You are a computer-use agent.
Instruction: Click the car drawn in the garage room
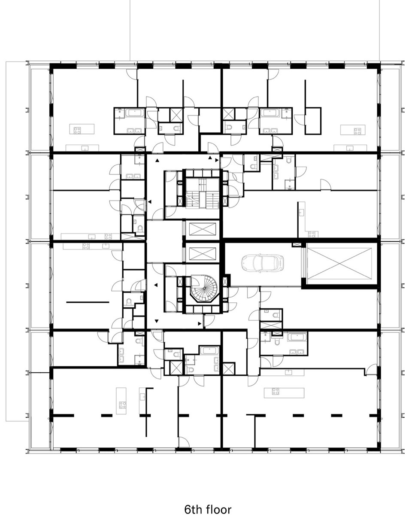click(263, 263)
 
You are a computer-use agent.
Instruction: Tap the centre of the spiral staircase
click(204, 288)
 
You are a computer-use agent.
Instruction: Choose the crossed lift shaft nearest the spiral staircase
click(203, 254)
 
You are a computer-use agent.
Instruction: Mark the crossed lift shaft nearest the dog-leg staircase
click(203, 229)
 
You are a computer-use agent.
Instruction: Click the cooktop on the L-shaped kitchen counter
click(311, 234)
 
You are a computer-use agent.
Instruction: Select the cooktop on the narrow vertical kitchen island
click(122, 405)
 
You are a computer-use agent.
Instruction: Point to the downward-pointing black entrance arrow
click(157, 321)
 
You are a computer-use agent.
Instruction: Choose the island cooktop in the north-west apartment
click(77, 131)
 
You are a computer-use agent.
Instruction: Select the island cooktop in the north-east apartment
click(357, 131)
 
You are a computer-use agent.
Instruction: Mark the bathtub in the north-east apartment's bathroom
click(270, 113)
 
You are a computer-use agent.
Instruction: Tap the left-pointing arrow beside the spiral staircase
click(156, 285)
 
